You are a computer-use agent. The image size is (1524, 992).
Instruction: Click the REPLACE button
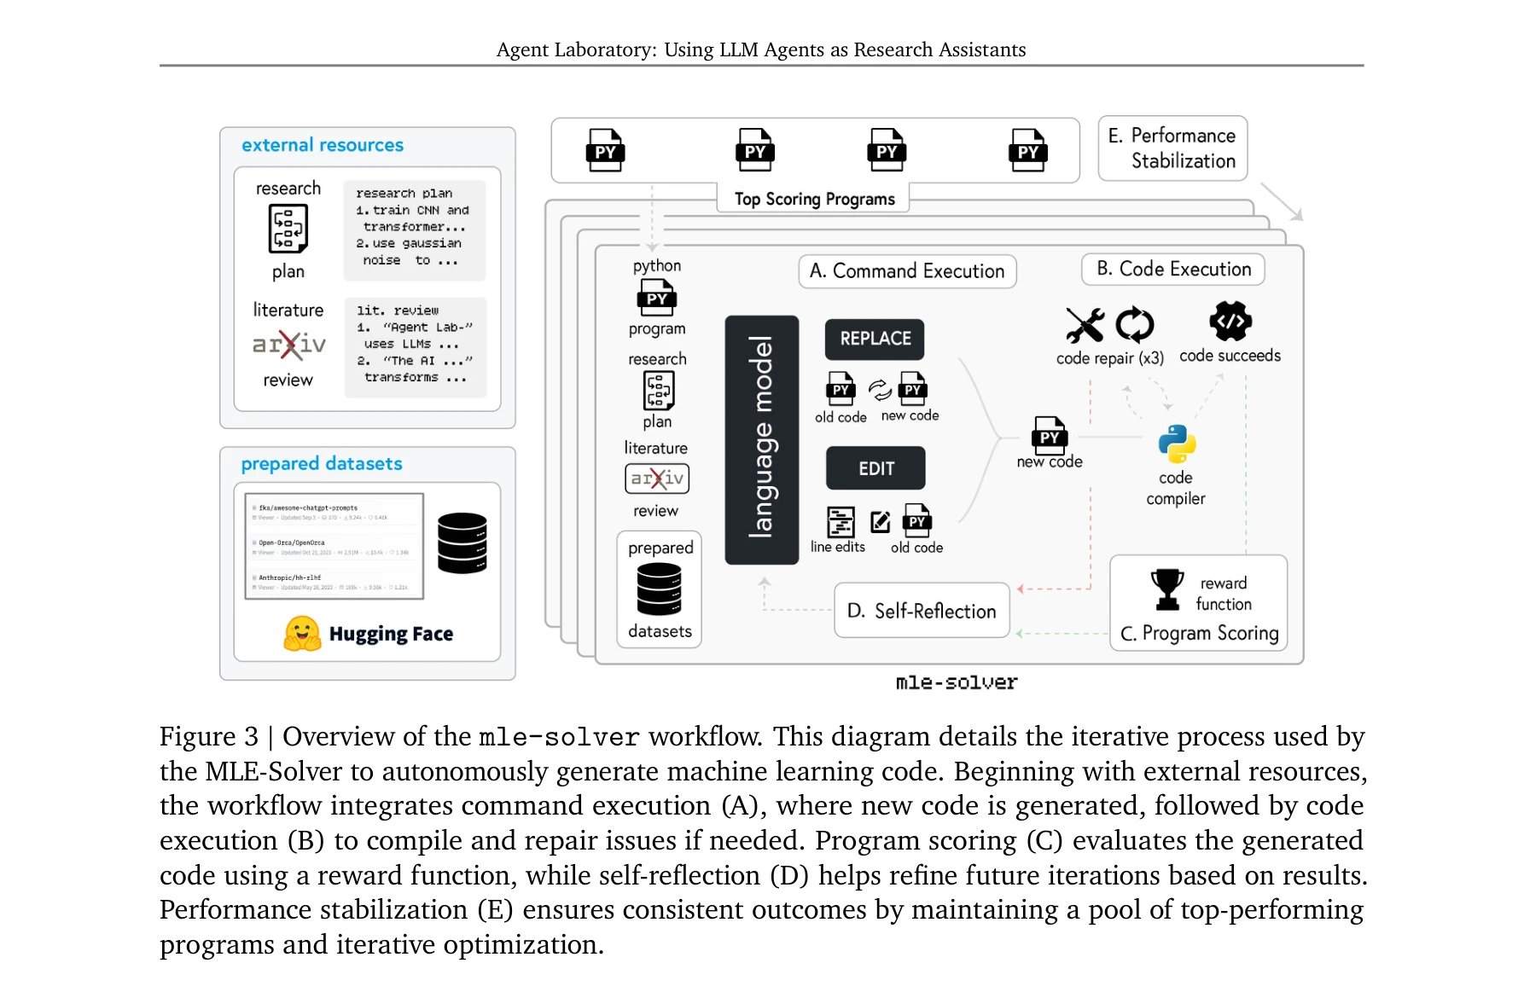875,339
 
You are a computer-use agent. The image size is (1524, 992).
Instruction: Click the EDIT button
875,468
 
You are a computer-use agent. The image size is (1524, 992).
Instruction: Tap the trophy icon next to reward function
1166,589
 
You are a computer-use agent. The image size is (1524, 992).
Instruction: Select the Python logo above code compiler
1177,444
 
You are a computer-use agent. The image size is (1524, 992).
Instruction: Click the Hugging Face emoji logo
302,634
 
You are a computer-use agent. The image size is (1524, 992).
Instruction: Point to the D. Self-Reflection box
922,611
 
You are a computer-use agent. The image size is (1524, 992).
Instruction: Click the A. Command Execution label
907,271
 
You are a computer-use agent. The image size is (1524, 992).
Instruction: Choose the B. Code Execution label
1173,270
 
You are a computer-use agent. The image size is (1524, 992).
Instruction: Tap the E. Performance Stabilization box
1172,148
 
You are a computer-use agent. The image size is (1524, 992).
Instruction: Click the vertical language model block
761,439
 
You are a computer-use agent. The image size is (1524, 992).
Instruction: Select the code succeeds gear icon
1230,322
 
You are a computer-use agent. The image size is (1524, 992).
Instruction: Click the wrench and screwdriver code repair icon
1085,324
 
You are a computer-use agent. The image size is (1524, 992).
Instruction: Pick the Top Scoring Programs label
814,199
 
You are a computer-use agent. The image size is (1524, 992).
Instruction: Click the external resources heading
323,145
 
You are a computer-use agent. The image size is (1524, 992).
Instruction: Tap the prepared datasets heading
322,463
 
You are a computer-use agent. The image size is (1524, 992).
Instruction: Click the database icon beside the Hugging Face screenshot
462,542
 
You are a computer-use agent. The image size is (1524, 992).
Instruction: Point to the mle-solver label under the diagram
956,682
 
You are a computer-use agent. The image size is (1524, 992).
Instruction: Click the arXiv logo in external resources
288,345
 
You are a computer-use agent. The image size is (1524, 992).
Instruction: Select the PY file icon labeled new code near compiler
1049,435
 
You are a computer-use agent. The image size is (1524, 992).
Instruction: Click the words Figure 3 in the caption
209,737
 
